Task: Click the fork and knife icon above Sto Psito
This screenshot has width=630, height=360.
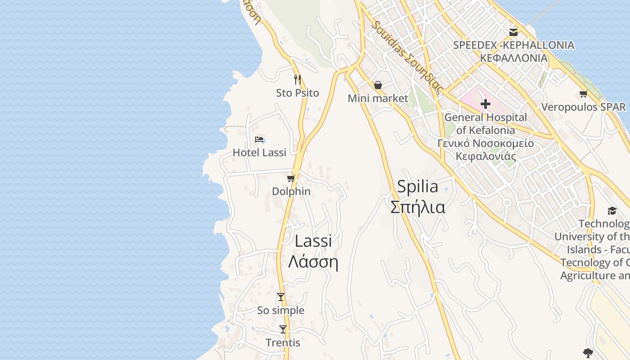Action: [297, 80]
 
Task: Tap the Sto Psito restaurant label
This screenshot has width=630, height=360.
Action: [297, 93]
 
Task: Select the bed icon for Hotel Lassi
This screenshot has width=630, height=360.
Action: [259, 139]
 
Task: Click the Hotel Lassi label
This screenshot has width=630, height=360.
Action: [259, 153]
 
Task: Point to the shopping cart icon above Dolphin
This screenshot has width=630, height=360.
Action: [291, 178]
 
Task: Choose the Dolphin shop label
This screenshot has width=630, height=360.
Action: [291, 191]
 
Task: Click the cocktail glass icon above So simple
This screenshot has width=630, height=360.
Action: [281, 297]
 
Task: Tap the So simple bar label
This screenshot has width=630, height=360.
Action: [281, 310]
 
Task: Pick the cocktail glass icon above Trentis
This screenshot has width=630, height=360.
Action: [283, 329]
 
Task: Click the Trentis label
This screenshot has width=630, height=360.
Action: [283, 343]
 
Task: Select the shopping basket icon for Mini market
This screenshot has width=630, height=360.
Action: [378, 85]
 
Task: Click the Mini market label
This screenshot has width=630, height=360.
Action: [378, 98]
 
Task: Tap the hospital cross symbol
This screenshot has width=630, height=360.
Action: [485, 104]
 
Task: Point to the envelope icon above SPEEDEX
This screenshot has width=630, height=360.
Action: [513, 32]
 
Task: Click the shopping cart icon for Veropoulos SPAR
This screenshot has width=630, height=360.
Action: [584, 94]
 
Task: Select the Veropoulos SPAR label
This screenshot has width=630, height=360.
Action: [584, 107]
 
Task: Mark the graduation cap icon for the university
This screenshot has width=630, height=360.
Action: [612, 211]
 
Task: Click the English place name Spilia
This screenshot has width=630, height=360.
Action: [418, 187]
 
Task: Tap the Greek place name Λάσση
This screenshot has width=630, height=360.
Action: [313, 261]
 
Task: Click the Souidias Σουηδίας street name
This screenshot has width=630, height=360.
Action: [407, 56]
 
